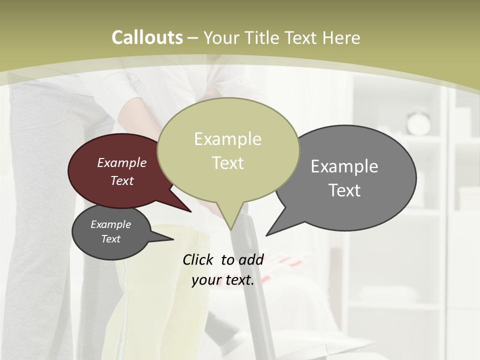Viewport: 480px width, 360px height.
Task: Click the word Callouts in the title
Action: pyautogui.click(x=147, y=37)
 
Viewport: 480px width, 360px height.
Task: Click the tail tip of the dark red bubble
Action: pyautogui.click(x=190, y=211)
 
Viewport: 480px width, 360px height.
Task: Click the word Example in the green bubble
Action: pyautogui.click(x=228, y=139)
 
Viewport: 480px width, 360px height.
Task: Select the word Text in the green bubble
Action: pyautogui.click(x=228, y=163)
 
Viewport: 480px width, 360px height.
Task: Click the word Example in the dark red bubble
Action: pyautogui.click(x=122, y=162)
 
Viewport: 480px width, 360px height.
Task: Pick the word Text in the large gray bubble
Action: pyautogui.click(x=344, y=190)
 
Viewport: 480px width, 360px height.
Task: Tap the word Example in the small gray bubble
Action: pyautogui.click(x=111, y=224)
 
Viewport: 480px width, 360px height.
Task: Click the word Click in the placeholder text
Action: pyautogui.click(x=198, y=259)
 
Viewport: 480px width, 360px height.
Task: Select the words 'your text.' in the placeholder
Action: pyautogui.click(x=223, y=280)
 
